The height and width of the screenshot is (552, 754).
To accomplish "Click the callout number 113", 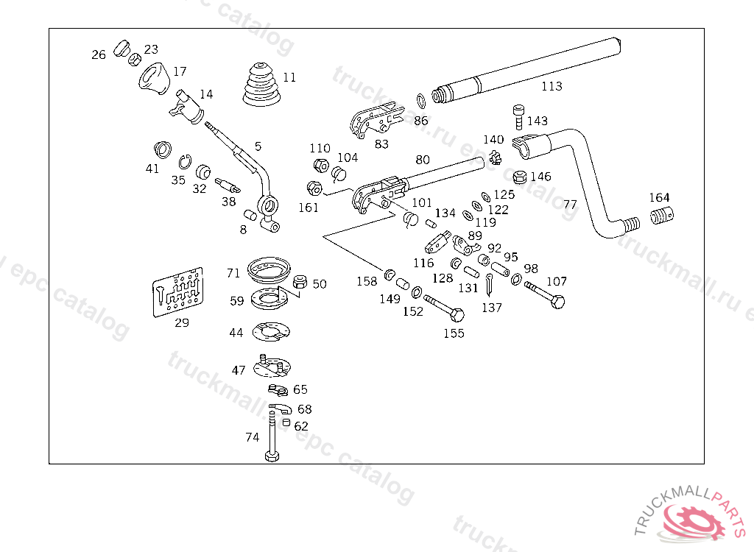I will [x=552, y=86].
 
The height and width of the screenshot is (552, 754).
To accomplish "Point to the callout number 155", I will [x=454, y=333].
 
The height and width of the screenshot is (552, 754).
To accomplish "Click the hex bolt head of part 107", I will [x=557, y=302].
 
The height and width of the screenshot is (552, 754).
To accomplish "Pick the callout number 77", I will [x=570, y=205].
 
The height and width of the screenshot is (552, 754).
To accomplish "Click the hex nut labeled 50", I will [x=300, y=282].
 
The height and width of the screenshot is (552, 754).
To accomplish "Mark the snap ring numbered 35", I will [x=186, y=161].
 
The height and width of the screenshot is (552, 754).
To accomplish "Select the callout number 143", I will [x=538, y=121].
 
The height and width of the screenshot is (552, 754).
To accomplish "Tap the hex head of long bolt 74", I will [x=271, y=457].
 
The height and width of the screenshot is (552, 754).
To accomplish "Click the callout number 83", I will [x=381, y=144].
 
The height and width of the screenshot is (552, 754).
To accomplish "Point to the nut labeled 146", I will [x=518, y=177].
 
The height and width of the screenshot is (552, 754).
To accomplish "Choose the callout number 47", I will [x=239, y=370].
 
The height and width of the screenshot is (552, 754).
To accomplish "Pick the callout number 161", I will [x=309, y=208].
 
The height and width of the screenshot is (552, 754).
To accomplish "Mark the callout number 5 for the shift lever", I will [x=258, y=146].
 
